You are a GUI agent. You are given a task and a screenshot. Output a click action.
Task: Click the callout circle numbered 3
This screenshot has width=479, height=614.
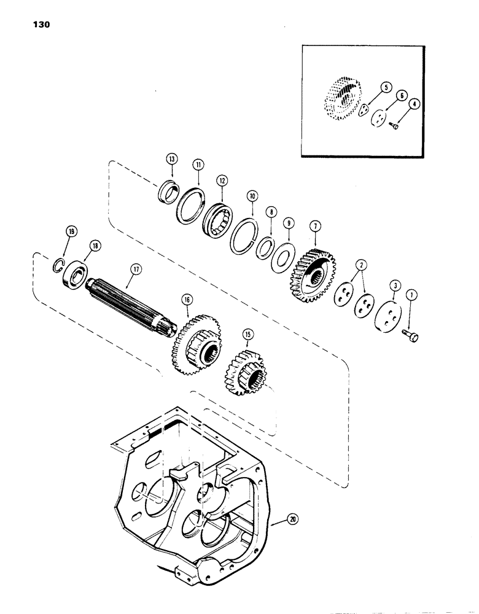pyautogui.click(x=393, y=285)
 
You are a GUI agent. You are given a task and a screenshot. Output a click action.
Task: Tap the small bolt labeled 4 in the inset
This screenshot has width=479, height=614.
pyautogui.click(x=395, y=126)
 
